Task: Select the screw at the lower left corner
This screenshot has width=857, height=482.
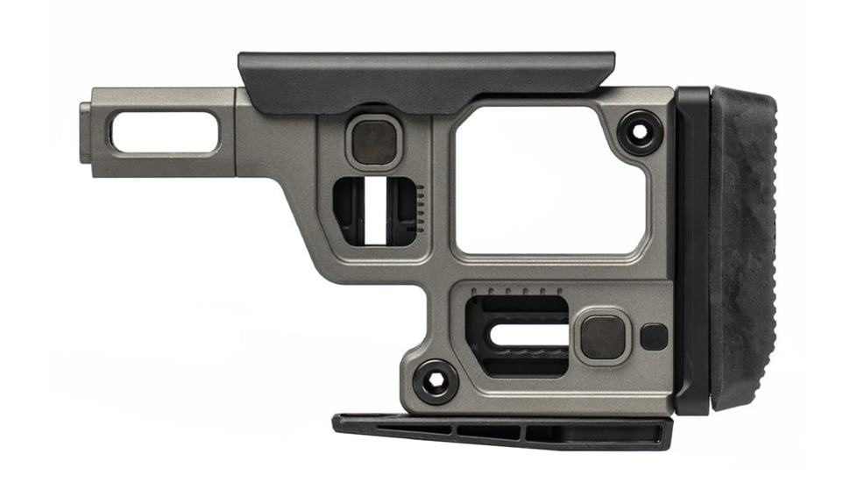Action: [433, 381]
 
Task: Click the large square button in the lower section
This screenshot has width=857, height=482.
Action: [603, 337]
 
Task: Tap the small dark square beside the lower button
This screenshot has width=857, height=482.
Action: [654, 337]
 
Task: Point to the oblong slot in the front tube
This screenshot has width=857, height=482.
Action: [164, 132]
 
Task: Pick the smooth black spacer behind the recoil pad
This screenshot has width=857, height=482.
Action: [692, 250]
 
